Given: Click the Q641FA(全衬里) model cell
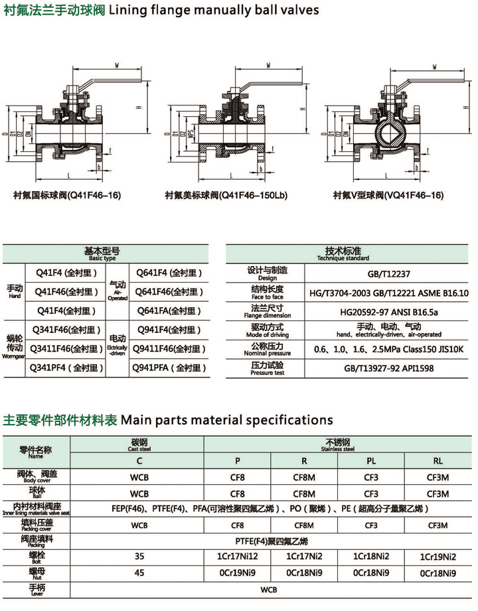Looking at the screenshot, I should click(169, 310).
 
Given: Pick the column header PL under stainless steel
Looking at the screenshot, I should click(371, 460).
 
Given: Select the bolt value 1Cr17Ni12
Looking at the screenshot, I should click(237, 555).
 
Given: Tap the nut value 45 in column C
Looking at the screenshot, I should click(139, 572).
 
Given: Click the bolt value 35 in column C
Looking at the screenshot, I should click(139, 555).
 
